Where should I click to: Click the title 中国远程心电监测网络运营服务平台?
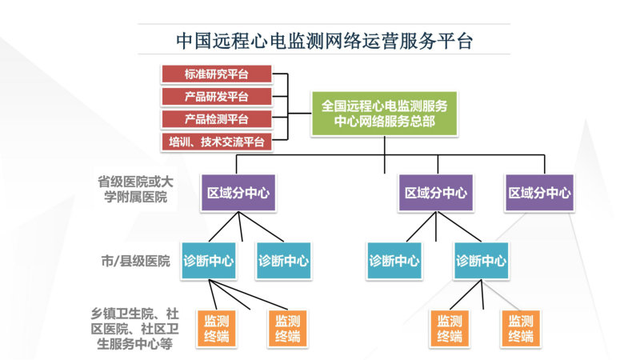[325, 41]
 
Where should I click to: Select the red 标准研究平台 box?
[217, 74]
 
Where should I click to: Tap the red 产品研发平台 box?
[217, 97]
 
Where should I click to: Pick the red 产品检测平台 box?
[217, 119]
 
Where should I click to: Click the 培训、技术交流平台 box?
[217, 142]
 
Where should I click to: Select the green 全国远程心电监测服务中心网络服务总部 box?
[385, 114]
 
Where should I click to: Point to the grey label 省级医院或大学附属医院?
[135, 190]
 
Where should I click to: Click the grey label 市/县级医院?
[135, 261]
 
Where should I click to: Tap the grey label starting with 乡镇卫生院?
[134, 329]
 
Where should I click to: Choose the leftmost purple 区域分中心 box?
[238, 193]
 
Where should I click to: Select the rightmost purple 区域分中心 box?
[539, 193]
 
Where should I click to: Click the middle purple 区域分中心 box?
[436, 193]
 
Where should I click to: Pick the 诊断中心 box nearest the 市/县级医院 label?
[209, 261]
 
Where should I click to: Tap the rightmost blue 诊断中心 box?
[482, 261]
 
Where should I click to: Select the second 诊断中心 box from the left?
[284, 261]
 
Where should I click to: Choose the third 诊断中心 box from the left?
[394, 261]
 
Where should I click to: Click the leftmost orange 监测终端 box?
[216, 329]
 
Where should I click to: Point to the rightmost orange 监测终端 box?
[521, 329]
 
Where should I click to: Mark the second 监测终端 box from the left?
[287, 329]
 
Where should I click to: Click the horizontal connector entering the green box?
[299, 114]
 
